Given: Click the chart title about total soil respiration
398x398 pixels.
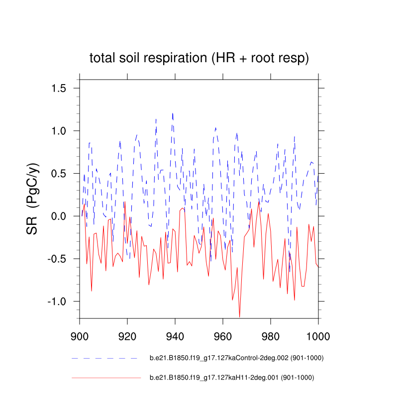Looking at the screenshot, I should point(199,58).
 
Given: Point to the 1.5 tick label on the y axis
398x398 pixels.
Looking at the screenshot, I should point(63,88).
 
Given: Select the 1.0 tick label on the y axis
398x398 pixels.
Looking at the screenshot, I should point(63,131).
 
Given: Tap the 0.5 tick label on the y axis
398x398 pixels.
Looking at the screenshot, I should point(63,174).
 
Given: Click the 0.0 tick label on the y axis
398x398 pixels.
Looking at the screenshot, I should point(63,216).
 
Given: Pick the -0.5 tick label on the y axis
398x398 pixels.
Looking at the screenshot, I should point(61,259).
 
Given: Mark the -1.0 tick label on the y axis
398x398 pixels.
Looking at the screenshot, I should point(61,302).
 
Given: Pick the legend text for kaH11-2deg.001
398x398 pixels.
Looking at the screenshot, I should point(232,378).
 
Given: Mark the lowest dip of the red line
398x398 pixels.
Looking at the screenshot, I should point(240,316).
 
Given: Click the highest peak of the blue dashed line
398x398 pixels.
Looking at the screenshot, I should point(173,113).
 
